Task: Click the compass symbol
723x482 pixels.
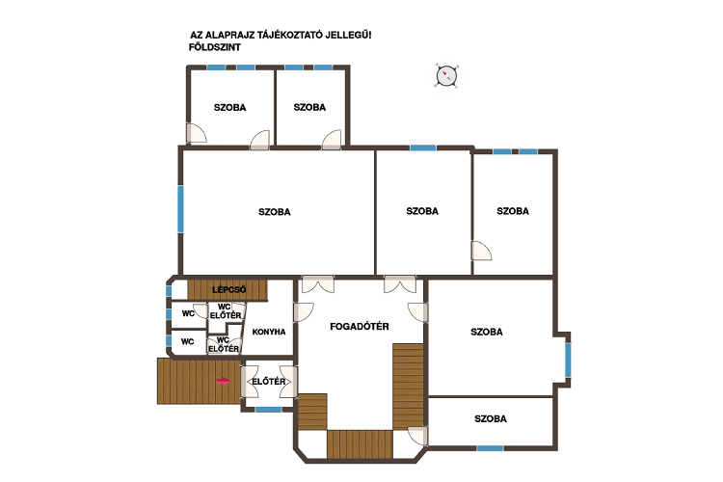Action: pyautogui.click(x=446, y=75)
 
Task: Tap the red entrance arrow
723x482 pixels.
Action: pyautogui.click(x=224, y=381)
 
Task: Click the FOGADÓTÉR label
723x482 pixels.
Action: pyautogui.click(x=360, y=327)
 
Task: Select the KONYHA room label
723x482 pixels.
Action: pyautogui.click(x=269, y=332)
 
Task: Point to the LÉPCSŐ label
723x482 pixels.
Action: pyautogui.click(x=229, y=289)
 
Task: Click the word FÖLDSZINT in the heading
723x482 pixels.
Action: pyautogui.click(x=214, y=47)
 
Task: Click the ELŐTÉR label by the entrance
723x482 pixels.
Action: pyautogui.click(x=268, y=382)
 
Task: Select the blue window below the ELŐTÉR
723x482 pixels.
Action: pyautogui.click(x=269, y=410)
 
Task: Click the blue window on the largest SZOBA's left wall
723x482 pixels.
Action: pyautogui.click(x=180, y=209)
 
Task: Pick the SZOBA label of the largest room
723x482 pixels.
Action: pyautogui.click(x=275, y=212)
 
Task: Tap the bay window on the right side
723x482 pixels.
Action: pyautogui.click(x=568, y=360)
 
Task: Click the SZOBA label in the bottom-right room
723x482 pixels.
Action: pyautogui.click(x=491, y=418)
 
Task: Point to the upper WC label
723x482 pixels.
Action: pyautogui.click(x=188, y=313)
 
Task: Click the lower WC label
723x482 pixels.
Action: pyautogui.click(x=187, y=342)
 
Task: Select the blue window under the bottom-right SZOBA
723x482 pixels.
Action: pyautogui.click(x=490, y=448)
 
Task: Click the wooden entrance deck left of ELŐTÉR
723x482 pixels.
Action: pyautogui.click(x=200, y=381)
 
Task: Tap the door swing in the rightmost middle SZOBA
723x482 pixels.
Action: pyautogui.click(x=481, y=251)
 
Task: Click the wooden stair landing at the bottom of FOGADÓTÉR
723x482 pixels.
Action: pyautogui.click(x=360, y=444)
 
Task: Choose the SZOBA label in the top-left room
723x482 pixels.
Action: pyautogui.click(x=229, y=107)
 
